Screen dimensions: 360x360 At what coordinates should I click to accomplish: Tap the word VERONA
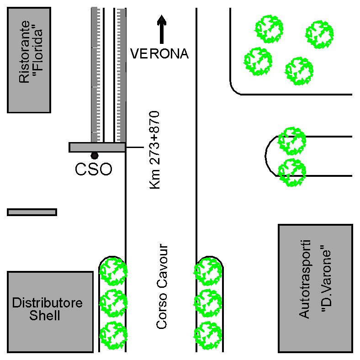point(159,54)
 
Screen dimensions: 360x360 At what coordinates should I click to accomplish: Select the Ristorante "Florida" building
point(29,59)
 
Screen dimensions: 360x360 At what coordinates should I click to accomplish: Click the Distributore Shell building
point(50,312)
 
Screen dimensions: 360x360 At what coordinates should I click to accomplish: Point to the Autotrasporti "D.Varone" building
point(315,288)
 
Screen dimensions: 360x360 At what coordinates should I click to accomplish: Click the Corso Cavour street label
point(162,286)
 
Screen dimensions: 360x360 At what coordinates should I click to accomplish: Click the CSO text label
point(93,169)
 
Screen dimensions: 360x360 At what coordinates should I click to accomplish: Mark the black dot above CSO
point(95,156)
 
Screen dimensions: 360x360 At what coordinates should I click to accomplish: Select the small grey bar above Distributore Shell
point(32,212)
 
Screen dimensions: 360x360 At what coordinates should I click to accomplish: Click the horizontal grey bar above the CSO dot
point(97,147)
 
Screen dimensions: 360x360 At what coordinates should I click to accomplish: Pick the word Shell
point(45,316)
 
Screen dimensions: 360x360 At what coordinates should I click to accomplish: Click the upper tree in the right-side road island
point(292,141)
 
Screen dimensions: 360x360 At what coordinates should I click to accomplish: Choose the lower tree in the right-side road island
point(292,172)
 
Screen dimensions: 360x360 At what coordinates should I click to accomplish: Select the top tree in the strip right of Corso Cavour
point(208,271)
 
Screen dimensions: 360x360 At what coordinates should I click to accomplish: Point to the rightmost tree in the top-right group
point(319,34)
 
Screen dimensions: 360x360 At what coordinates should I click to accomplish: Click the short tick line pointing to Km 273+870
point(134,147)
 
